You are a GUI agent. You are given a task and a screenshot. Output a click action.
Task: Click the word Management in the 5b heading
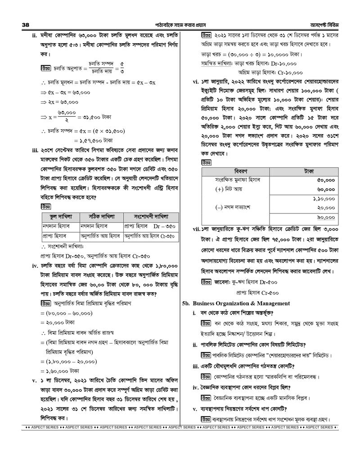coord(268,303)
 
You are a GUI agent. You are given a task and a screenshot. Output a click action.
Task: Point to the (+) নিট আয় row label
coord(229,189)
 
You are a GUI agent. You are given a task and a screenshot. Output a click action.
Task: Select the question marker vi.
coord(196,82)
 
